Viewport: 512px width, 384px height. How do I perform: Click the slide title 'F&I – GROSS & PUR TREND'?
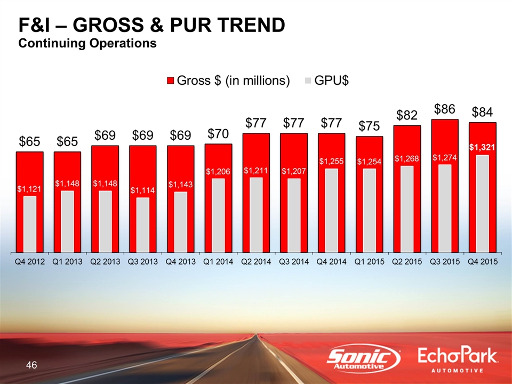pos(151,25)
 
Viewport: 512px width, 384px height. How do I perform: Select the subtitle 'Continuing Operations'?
pos(87,43)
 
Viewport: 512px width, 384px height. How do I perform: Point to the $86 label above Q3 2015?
pos(444,109)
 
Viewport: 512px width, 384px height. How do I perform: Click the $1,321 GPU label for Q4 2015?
pos(482,146)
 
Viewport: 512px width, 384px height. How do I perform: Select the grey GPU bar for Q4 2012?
pos(30,223)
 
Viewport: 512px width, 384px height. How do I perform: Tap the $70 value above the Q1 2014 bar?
pos(218,133)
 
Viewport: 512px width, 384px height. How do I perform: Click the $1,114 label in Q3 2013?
pos(142,190)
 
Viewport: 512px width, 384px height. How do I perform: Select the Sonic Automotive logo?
pos(364,359)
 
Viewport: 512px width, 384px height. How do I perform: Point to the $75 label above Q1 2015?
pos(369,126)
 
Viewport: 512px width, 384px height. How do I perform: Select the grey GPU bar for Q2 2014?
pos(255,214)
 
